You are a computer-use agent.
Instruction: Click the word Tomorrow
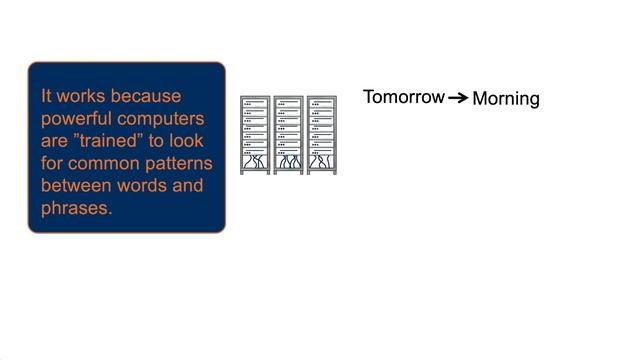point(403,97)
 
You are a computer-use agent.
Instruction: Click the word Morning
point(506,99)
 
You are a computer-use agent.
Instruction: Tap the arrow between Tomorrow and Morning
point(457,98)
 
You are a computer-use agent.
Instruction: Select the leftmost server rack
point(255,136)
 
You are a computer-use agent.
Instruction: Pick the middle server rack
point(288,136)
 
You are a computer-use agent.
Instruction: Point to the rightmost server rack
point(321,136)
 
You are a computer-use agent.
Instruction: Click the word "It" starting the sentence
point(46,97)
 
